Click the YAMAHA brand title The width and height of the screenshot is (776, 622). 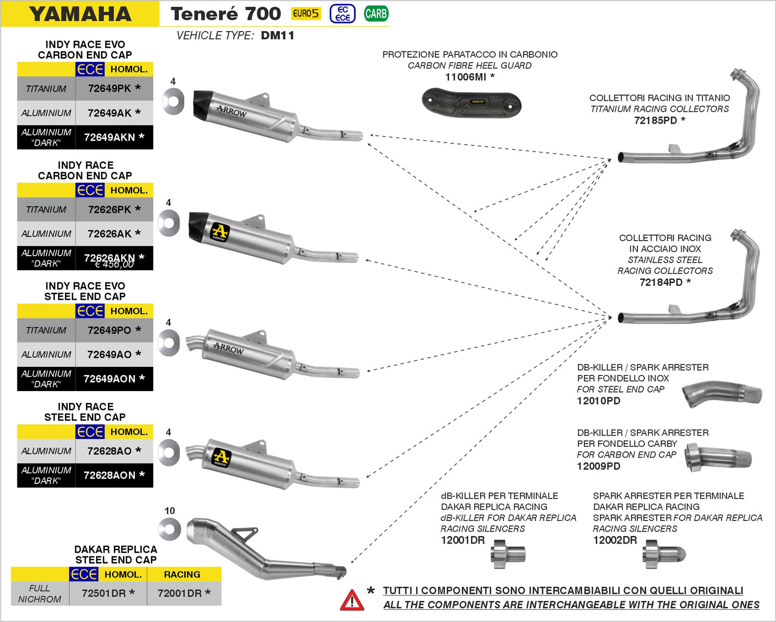coord(80,14)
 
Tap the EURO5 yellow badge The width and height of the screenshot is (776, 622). coord(306,14)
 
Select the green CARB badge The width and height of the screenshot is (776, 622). coord(375,14)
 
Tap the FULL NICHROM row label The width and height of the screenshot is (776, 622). coord(40,594)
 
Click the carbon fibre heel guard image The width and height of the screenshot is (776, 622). coord(472,103)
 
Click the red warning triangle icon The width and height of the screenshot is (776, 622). coord(352,600)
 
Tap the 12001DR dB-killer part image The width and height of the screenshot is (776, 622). coord(507,554)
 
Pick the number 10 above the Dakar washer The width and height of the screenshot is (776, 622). coord(170,511)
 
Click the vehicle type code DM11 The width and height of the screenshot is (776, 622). coord(277,35)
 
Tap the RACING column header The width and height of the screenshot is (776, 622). coord(182,574)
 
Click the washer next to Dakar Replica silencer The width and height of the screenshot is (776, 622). coord(170,529)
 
